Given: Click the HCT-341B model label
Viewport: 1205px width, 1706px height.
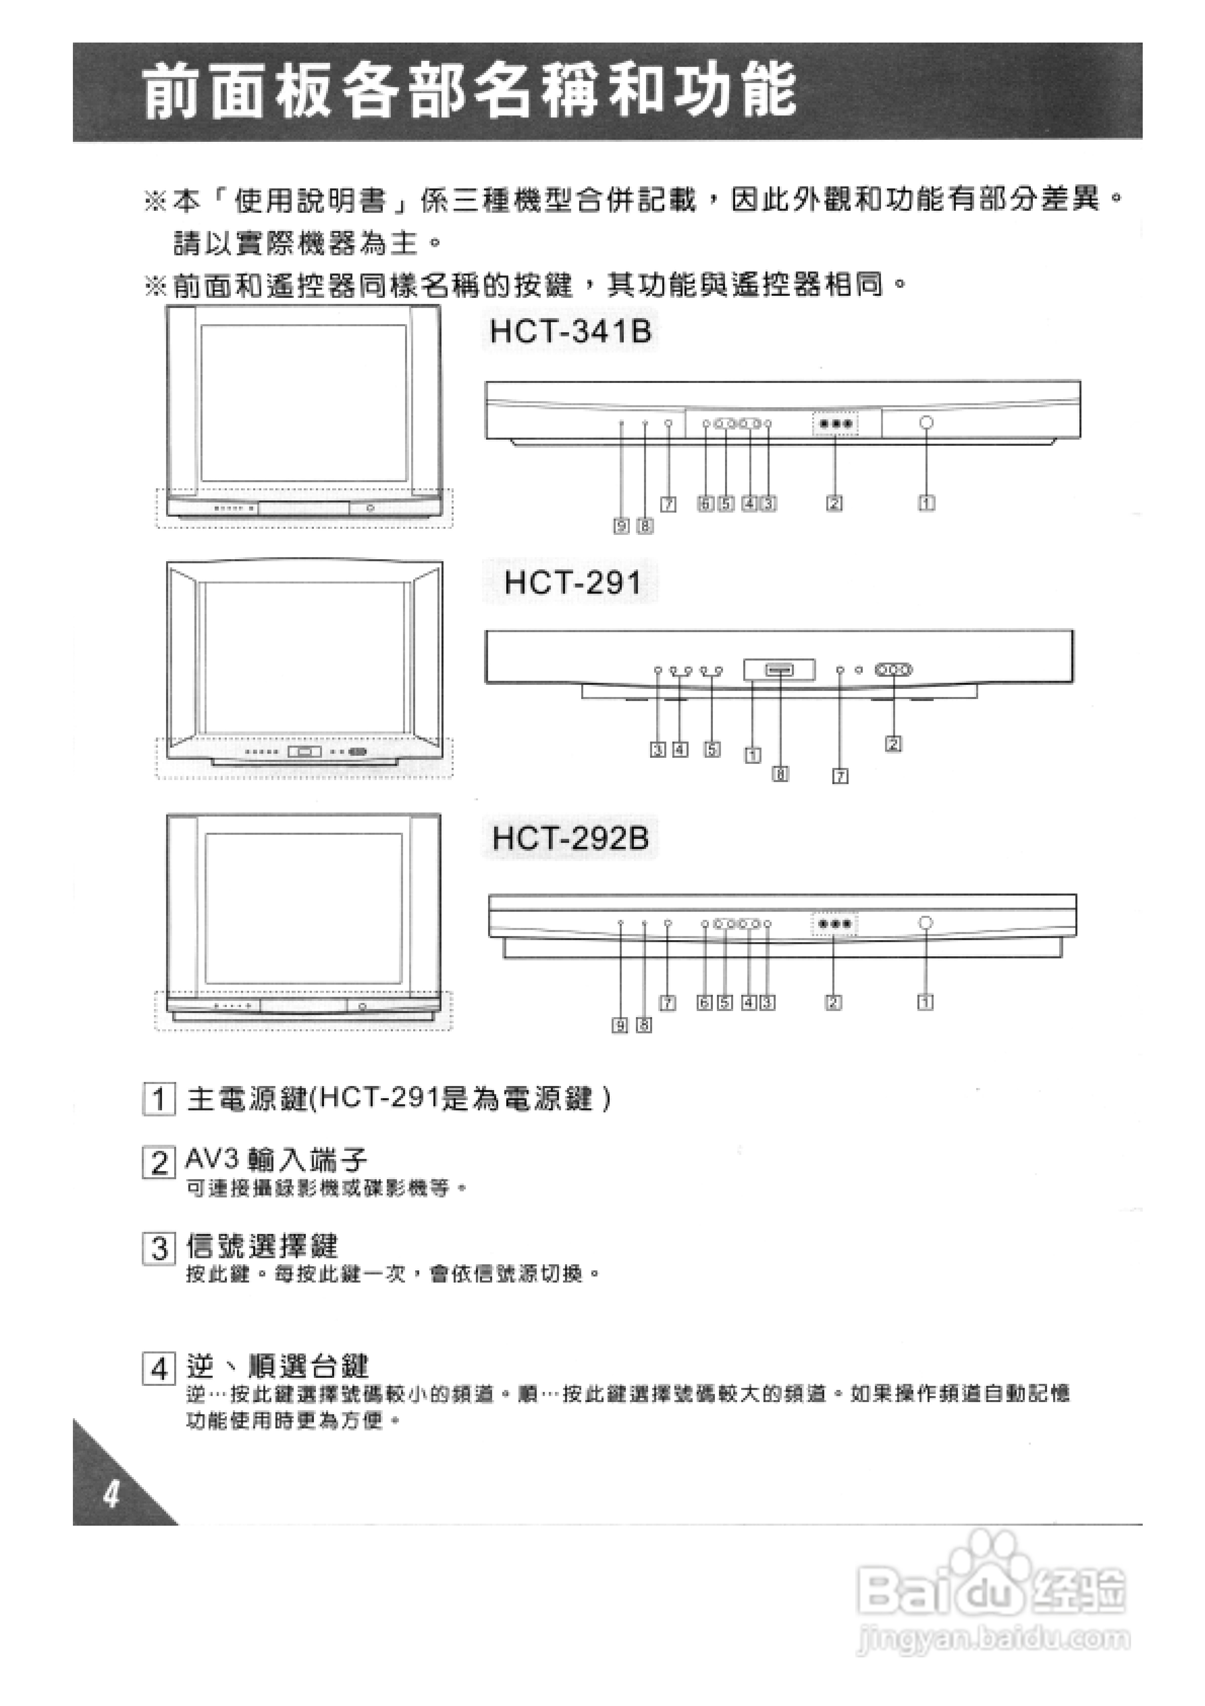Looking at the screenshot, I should point(571,331).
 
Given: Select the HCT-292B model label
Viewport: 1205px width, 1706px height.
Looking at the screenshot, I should point(570,838).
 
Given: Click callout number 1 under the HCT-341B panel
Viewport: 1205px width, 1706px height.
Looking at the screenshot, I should point(927,503).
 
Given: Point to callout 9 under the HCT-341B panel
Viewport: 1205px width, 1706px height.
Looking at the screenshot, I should point(621,526).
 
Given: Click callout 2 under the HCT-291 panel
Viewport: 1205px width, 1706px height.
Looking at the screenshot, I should point(893,743).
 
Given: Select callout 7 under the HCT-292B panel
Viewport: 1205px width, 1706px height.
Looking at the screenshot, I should point(668,1003).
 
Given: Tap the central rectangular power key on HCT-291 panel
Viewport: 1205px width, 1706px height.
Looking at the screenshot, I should point(779,670).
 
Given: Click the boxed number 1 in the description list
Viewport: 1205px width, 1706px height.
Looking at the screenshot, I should point(158,1099).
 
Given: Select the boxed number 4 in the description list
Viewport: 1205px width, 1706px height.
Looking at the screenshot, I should point(158,1368).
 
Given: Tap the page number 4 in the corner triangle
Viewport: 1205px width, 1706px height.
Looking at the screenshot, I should point(111,1494).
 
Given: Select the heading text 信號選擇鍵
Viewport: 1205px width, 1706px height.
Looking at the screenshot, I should point(261,1246).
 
